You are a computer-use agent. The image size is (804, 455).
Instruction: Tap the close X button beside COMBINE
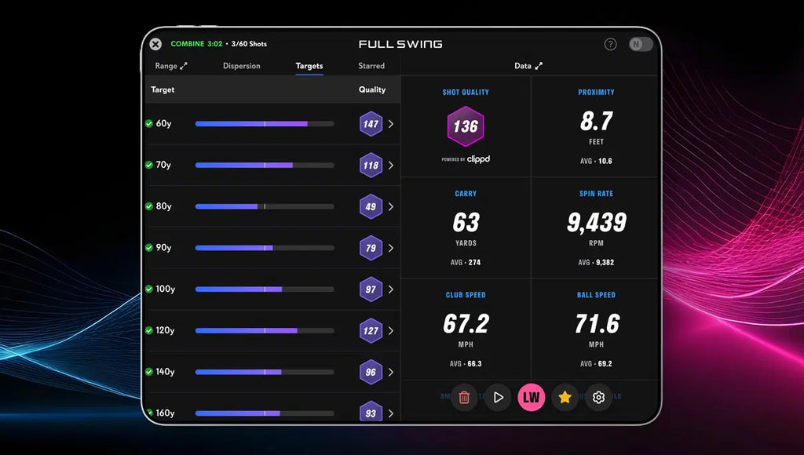pyautogui.click(x=155, y=45)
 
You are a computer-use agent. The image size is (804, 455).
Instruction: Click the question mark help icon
pyautogui.click(x=610, y=45)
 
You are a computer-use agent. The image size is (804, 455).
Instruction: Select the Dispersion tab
pyautogui.click(x=242, y=66)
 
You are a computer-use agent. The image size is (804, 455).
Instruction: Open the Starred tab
pyautogui.click(x=371, y=66)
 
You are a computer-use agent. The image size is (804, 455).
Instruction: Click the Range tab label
pyautogui.click(x=166, y=66)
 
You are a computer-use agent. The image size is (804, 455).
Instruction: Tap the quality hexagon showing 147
pyautogui.click(x=371, y=124)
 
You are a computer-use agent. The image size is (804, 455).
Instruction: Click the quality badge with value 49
pyautogui.click(x=371, y=206)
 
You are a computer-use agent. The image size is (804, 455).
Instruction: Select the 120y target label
pyautogui.click(x=165, y=330)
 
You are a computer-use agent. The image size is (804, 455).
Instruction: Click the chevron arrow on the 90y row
pyautogui.click(x=391, y=248)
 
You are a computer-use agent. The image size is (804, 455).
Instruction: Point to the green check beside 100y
pyautogui.click(x=149, y=289)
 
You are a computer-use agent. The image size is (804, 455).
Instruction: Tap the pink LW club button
pyautogui.click(x=532, y=397)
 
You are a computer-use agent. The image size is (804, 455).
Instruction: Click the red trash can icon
pyautogui.click(x=464, y=397)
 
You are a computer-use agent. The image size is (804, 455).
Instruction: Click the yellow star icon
pyautogui.click(x=565, y=397)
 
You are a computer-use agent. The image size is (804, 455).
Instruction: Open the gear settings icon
pyautogui.click(x=598, y=397)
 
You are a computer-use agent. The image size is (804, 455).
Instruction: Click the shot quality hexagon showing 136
pyautogui.click(x=466, y=126)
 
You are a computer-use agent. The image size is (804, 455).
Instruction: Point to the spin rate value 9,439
pyautogui.click(x=597, y=223)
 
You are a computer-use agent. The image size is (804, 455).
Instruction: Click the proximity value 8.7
pyautogui.click(x=597, y=122)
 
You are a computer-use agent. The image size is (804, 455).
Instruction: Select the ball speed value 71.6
pyautogui.click(x=597, y=323)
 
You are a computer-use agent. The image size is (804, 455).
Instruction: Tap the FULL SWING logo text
pyautogui.click(x=400, y=45)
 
